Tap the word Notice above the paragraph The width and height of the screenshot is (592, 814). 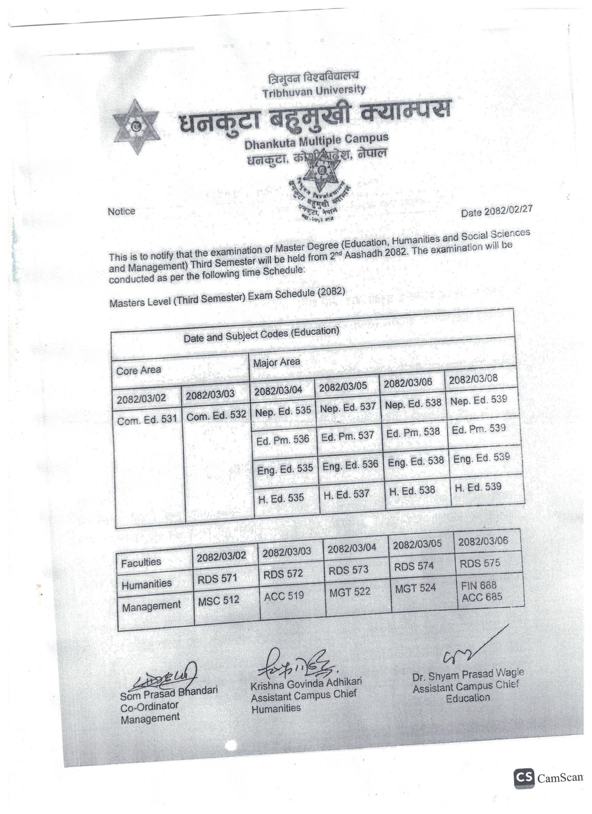(121, 211)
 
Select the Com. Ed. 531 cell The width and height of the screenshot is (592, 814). (147, 419)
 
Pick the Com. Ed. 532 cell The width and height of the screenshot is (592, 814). (216, 416)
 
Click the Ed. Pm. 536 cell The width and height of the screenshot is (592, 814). (282, 440)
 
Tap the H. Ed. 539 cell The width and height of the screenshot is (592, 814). (478, 487)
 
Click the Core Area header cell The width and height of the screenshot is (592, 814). (139, 370)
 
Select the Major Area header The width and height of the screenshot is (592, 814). (276, 362)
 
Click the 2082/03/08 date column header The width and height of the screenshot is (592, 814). (473, 379)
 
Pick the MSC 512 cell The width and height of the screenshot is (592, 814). (218, 601)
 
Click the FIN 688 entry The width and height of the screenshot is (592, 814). (478, 586)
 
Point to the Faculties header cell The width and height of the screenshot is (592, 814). (141, 562)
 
